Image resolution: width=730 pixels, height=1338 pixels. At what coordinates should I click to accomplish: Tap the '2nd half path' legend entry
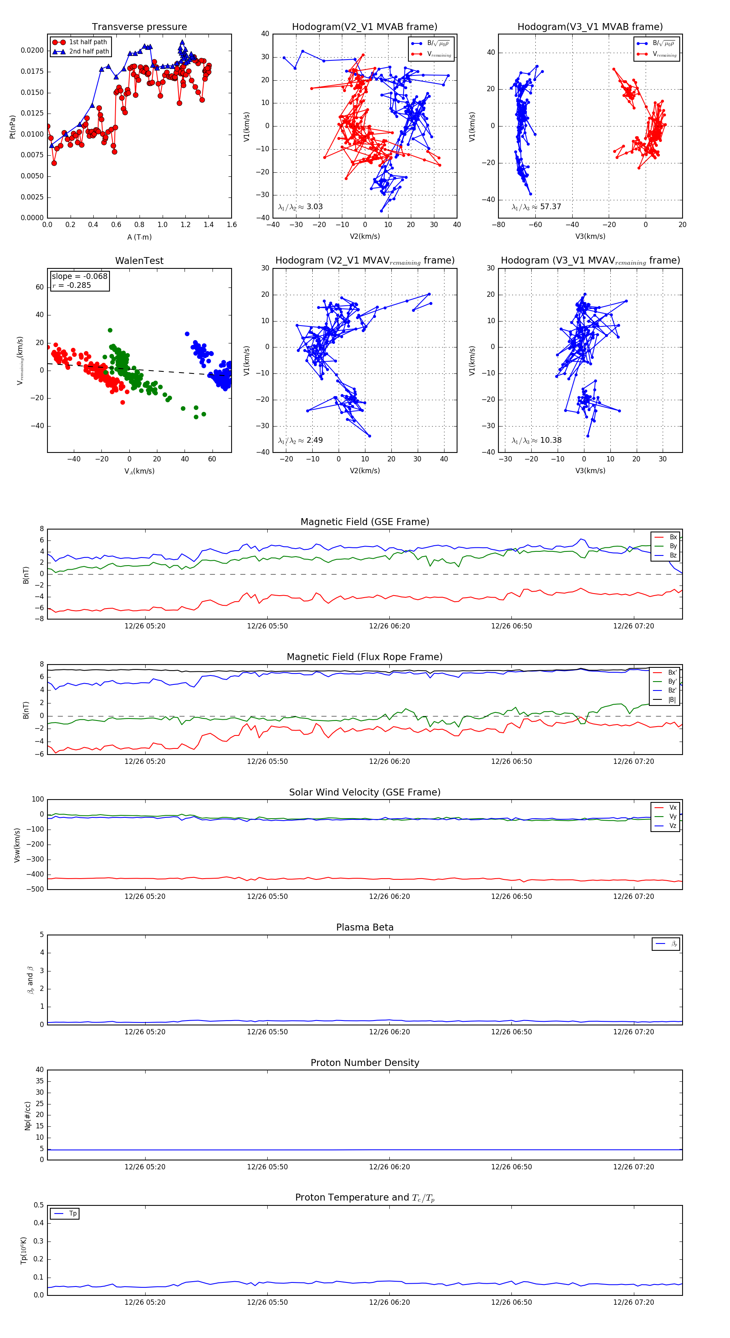tap(89, 51)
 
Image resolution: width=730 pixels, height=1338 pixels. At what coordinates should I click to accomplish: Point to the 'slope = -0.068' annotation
tap(79, 277)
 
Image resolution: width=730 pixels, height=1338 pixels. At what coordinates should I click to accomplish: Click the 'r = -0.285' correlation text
tap(72, 285)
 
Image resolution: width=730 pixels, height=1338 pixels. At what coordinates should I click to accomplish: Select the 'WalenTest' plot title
tap(139, 261)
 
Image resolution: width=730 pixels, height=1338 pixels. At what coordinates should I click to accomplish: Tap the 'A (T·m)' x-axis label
tap(139, 237)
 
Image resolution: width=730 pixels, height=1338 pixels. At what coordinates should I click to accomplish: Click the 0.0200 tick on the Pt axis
tap(32, 50)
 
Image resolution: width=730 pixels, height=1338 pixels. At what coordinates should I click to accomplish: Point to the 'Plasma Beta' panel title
tap(365, 928)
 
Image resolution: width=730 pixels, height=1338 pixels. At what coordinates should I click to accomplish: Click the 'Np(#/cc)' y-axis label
tap(28, 1116)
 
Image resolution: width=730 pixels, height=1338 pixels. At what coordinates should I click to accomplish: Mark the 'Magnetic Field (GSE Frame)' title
tap(365, 522)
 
